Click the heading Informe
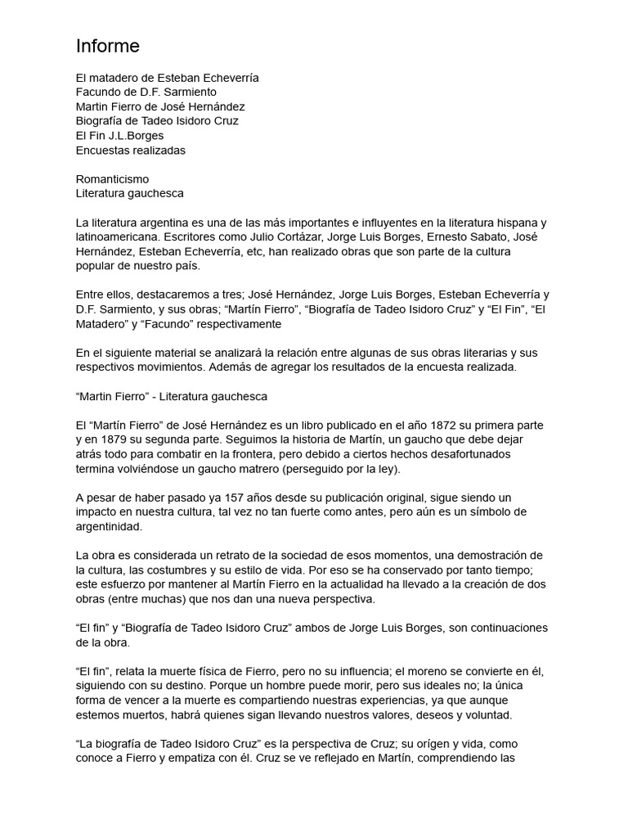click(x=108, y=45)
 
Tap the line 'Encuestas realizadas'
click(x=131, y=150)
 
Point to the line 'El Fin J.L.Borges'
click(x=119, y=135)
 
